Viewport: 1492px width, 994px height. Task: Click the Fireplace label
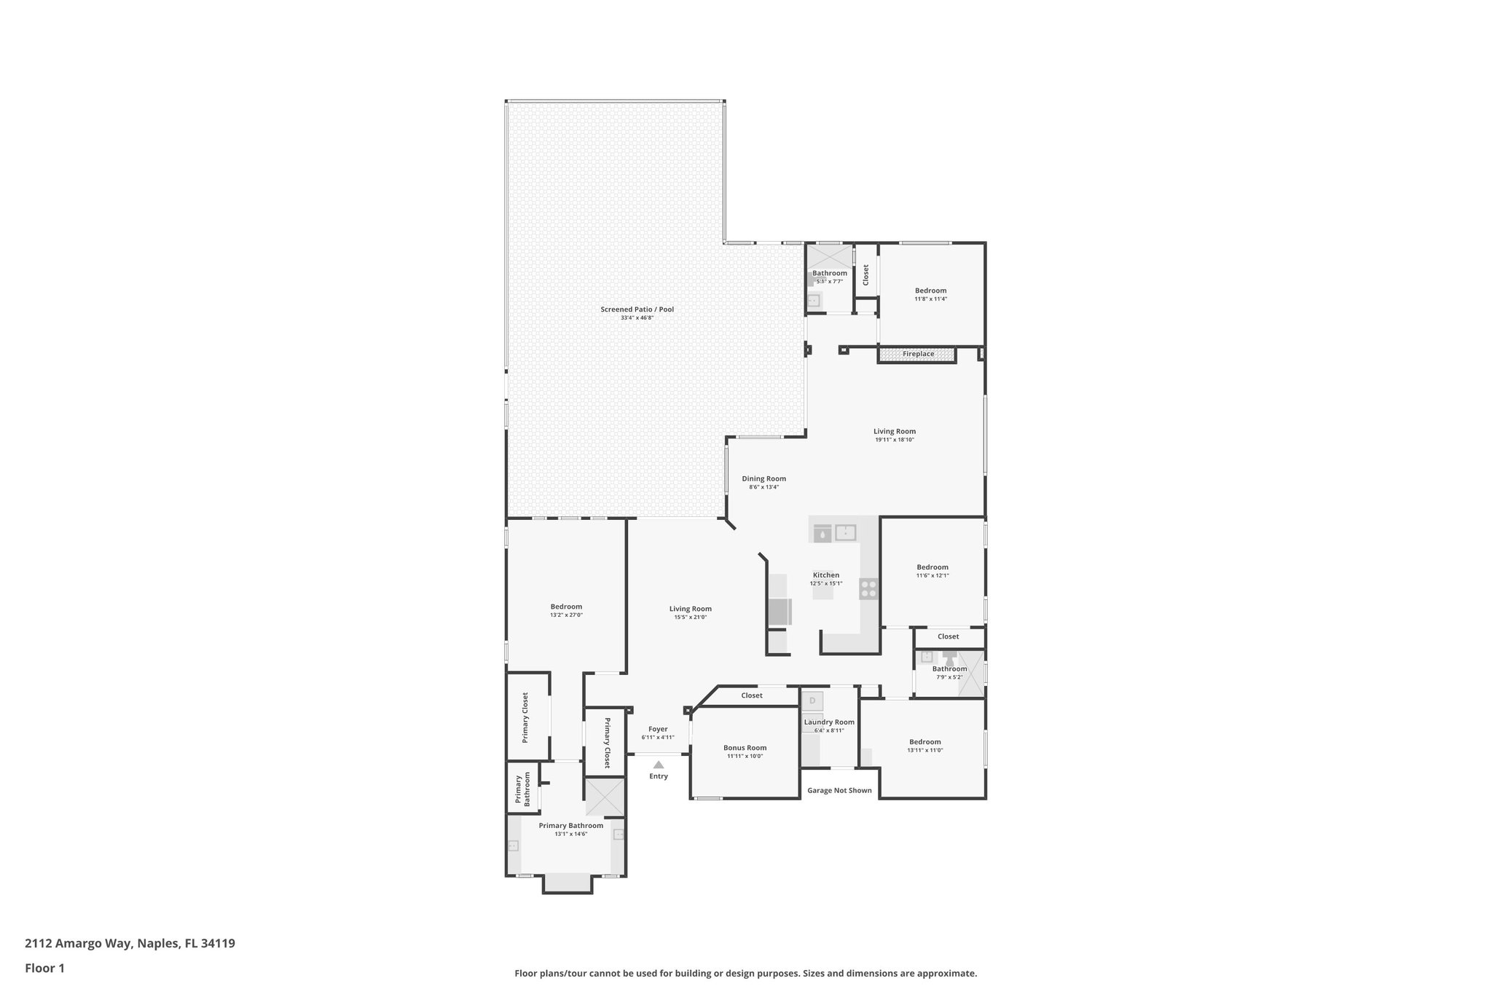click(x=918, y=354)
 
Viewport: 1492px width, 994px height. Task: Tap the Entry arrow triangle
click(x=659, y=765)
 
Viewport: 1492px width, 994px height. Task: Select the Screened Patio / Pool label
click(x=637, y=309)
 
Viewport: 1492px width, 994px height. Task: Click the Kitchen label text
click(x=826, y=575)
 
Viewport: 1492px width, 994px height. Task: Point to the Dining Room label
click(x=764, y=479)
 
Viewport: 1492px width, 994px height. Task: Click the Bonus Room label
click(x=745, y=748)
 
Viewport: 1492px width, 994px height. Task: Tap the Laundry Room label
click(x=829, y=722)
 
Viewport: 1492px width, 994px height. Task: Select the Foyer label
click(x=658, y=729)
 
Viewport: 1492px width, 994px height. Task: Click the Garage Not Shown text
click(x=839, y=790)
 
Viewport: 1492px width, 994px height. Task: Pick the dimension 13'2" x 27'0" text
click(x=566, y=615)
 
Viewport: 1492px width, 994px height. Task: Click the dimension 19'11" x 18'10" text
click(x=895, y=440)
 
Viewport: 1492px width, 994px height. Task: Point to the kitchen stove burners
click(x=868, y=588)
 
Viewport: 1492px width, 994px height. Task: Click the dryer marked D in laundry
click(x=812, y=701)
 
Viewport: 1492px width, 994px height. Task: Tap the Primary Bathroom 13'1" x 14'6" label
click(x=571, y=826)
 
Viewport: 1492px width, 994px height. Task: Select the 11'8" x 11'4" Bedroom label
click(x=931, y=291)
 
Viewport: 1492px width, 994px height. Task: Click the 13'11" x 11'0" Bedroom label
click(x=925, y=742)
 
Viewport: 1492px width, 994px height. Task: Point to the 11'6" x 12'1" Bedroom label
click(x=932, y=567)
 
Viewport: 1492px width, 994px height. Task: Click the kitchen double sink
click(x=845, y=532)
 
